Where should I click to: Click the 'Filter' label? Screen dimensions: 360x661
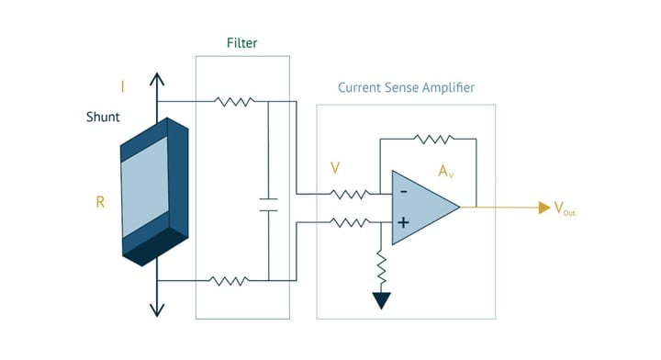tap(242, 43)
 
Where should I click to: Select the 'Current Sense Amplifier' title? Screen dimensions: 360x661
tap(406, 88)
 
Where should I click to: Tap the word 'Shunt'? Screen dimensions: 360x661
tap(103, 118)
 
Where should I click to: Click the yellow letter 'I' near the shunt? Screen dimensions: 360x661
tap(123, 87)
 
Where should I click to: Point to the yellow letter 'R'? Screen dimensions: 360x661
tap(100, 202)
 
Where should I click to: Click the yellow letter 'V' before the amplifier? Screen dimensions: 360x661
tap(337, 168)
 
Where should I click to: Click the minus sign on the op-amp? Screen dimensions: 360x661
tap(402, 193)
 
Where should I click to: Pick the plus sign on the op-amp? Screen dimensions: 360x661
tap(402, 222)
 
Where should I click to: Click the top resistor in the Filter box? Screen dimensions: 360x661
tap(234, 101)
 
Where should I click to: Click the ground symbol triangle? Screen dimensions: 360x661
tap(381, 301)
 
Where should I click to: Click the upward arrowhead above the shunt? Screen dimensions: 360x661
tap(157, 80)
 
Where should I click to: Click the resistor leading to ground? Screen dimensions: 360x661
tap(381, 266)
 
